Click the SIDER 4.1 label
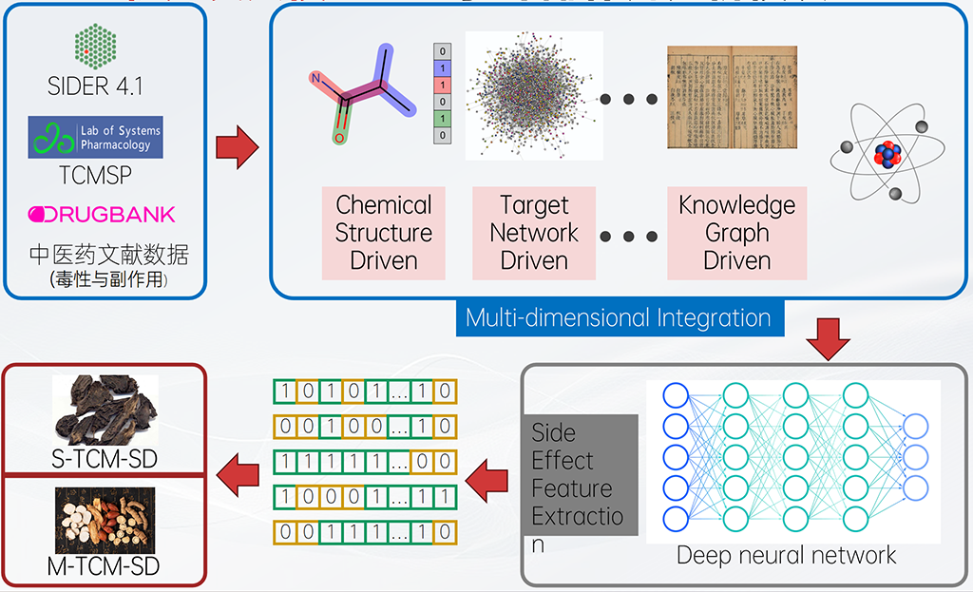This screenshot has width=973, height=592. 95,86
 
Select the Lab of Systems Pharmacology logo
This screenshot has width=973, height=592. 95,138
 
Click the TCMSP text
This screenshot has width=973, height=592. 95,176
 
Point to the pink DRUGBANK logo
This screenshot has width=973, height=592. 102,214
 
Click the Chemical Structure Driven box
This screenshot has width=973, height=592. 384,233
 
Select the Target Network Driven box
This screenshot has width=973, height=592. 534,233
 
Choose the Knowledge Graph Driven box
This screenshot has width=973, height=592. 737,233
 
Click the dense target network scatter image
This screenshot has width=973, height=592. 534,95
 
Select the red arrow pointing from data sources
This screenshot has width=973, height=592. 238,149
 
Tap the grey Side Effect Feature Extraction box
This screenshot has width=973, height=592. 579,475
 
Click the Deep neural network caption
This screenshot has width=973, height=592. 786,555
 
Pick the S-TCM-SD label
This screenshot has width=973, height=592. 104,460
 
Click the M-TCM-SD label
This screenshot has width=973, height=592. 104,567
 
